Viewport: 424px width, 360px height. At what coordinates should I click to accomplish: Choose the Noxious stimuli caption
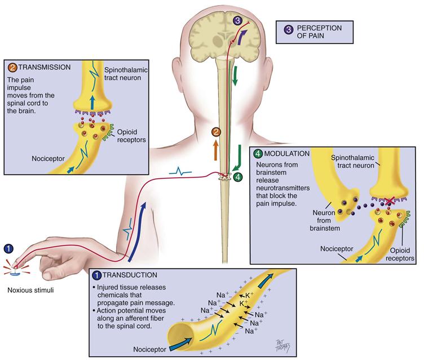pos(27,291)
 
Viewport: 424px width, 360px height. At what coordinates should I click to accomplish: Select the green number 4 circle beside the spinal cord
pos(238,177)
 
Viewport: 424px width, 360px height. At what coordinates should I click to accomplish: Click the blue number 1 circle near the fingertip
pos(8,248)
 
